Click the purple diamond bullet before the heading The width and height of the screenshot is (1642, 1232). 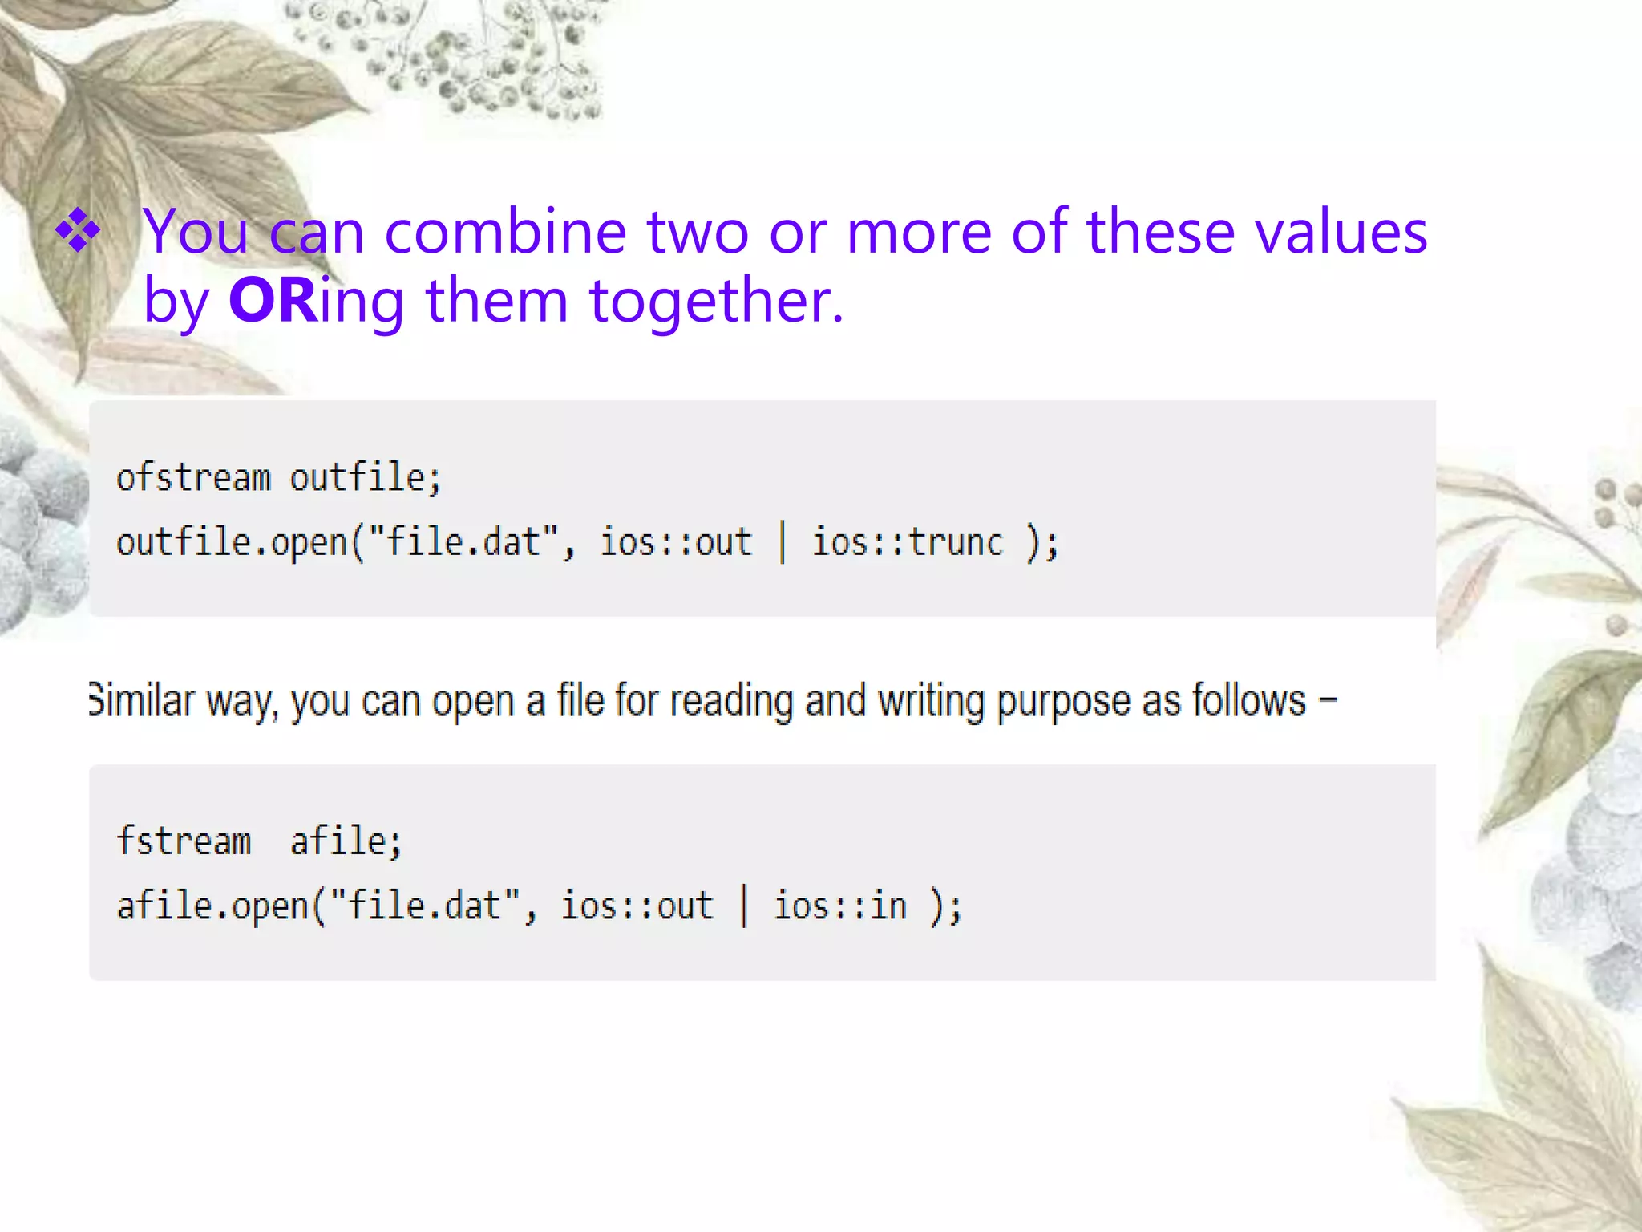pos(79,230)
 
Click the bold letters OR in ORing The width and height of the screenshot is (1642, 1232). pos(273,301)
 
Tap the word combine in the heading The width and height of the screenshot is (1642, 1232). pos(505,232)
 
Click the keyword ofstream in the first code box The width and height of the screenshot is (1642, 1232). pos(193,478)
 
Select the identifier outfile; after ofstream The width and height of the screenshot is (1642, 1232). pos(365,478)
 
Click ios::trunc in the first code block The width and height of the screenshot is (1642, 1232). pos(907,542)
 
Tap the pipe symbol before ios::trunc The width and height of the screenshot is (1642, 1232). pos(783,542)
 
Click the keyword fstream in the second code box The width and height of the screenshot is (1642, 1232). pos(184,841)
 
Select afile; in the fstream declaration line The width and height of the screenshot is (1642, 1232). pos(346,841)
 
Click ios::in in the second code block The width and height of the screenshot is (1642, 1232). pos(839,906)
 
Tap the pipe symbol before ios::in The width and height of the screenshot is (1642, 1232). pos(744,906)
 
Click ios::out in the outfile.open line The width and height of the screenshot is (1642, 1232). pos(676,542)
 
